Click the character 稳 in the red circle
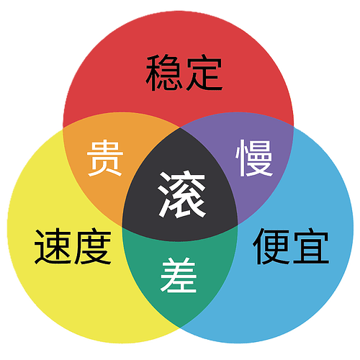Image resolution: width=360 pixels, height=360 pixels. click(x=163, y=73)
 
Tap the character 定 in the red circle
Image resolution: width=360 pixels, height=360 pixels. click(x=204, y=72)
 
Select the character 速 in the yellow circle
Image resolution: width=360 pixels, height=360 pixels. click(x=53, y=247)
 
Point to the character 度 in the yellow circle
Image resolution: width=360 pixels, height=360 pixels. click(x=93, y=246)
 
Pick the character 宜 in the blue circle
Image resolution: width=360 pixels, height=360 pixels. click(x=311, y=246)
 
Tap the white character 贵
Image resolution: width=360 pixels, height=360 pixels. click(x=105, y=158)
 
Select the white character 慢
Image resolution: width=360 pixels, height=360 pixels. click(x=254, y=158)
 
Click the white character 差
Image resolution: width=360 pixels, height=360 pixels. click(x=179, y=275)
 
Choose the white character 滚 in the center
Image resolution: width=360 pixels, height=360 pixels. click(x=181, y=194)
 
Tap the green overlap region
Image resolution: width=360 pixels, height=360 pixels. click(x=179, y=276)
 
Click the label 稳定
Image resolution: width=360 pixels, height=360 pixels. click(x=184, y=73)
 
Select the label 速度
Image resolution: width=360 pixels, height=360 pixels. click(x=73, y=246)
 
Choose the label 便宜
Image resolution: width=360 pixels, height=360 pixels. click(x=291, y=246)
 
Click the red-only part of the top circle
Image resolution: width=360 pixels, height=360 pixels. click(x=179, y=48)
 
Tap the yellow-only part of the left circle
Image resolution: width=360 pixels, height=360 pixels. click(x=60, y=276)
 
